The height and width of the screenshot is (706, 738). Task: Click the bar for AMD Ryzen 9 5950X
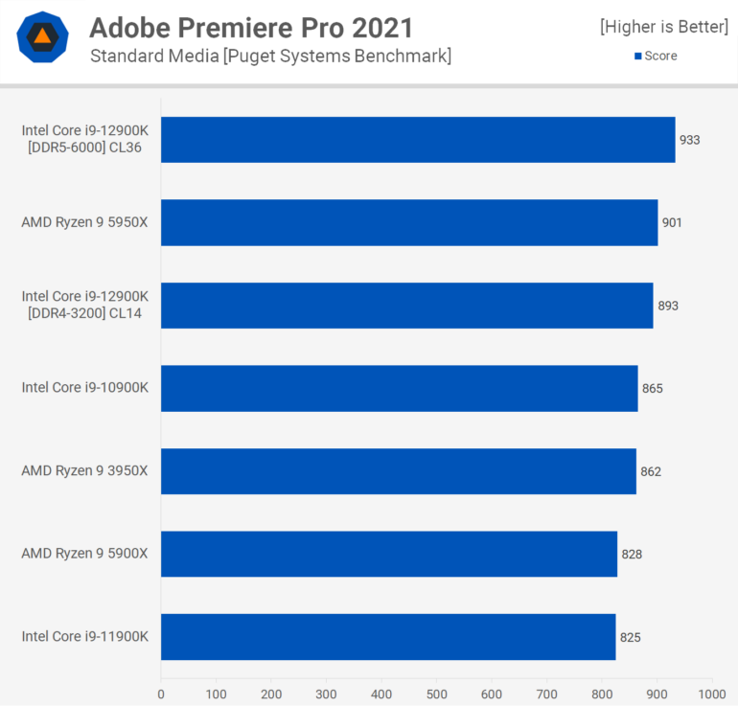[409, 222]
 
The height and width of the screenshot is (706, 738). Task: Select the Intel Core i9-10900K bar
[399, 388]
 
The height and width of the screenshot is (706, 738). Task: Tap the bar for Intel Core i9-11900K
[388, 636]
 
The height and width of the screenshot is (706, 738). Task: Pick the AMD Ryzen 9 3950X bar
[398, 471]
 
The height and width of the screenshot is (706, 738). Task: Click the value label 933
[690, 140]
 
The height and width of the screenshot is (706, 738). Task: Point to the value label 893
[668, 306]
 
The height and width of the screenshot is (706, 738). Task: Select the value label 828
[632, 554]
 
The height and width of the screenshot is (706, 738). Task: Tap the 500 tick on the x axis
[437, 693]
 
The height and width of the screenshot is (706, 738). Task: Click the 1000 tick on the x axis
[712, 693]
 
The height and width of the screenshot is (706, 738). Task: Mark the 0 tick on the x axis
[161, 693]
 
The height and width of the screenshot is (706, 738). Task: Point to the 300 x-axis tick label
[327, 693]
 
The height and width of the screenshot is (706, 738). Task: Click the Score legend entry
[656, 57]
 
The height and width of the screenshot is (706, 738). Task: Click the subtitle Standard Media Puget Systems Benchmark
[270, 57]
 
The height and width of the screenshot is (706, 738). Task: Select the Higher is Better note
[664, 27]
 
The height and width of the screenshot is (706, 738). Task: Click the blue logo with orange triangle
[42, 37]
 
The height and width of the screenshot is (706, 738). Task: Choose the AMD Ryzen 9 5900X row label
[85, 554]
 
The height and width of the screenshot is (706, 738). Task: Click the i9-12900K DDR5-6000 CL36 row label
[85, 140]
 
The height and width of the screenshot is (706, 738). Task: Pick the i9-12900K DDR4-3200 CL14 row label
[85, 306]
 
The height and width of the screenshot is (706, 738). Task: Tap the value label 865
[653, 388]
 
